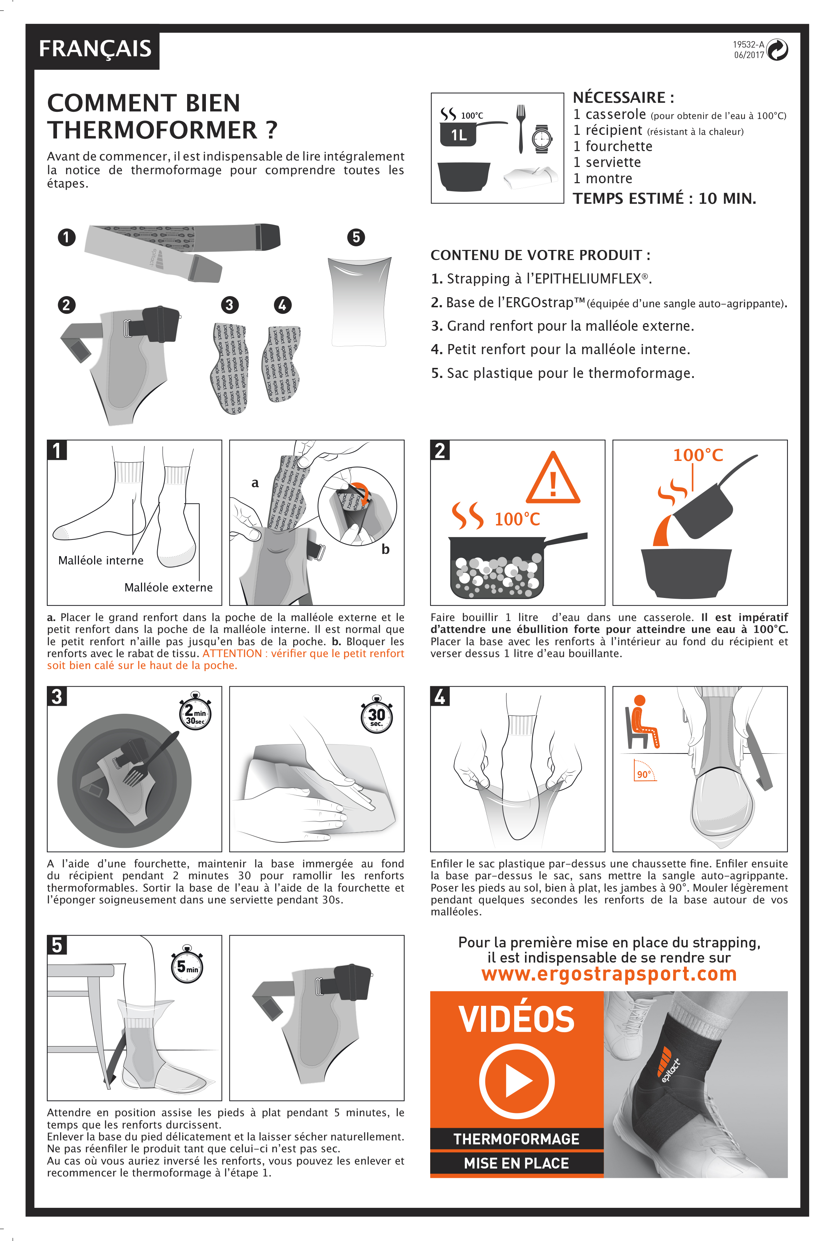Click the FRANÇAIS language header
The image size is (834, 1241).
(95, 48)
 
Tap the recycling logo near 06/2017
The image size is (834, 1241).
(778, 50)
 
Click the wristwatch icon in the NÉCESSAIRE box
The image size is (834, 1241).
(542, 138)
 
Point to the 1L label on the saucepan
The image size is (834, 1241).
(459, 135)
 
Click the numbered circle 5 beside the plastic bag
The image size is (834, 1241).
(356, 237)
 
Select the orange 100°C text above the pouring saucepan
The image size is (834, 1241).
(698, 455)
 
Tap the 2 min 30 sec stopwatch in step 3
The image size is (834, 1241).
(195, 712)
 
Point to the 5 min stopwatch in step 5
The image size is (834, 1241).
(187, 965)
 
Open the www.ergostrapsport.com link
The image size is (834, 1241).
(609, 973)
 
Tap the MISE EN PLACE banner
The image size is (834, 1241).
(516, 1163)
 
